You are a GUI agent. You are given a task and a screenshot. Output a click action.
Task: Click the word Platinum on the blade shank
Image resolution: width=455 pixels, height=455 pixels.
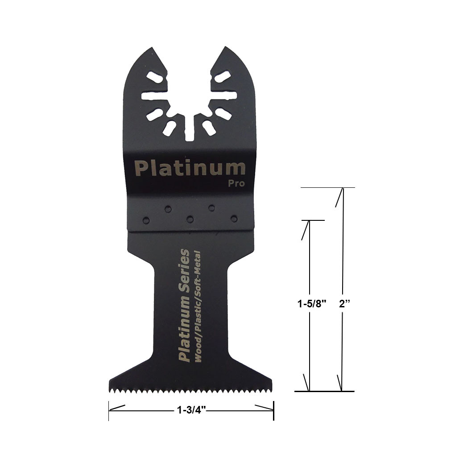190,168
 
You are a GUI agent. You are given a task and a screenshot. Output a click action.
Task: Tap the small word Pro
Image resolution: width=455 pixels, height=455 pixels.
236,183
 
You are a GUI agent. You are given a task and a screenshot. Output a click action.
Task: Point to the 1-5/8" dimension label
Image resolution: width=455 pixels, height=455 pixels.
313,304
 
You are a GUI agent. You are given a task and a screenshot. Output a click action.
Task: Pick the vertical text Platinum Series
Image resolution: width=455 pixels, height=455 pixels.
184,305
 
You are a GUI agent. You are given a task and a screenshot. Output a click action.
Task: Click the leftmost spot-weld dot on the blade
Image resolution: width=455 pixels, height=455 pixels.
145,219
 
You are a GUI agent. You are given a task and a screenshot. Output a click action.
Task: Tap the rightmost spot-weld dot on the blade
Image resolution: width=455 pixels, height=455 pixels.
234,219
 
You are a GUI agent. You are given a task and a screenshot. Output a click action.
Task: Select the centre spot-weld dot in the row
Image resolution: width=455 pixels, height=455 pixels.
190,219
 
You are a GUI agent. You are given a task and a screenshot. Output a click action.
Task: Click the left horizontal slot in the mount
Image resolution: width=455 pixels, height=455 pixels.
153,95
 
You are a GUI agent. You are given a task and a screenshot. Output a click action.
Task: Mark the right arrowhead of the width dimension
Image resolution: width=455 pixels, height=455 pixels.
264,407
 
